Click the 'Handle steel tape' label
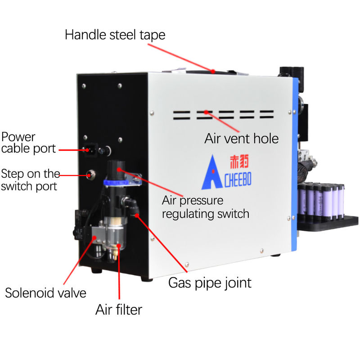tap(115, 35)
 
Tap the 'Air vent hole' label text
tap(242, 138)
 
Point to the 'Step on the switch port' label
tap(30, 180)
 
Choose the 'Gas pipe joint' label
tap(209, 283)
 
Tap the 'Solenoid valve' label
tap(45, 293)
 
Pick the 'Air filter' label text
tap(119, 310)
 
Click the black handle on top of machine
tap(211, 71)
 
